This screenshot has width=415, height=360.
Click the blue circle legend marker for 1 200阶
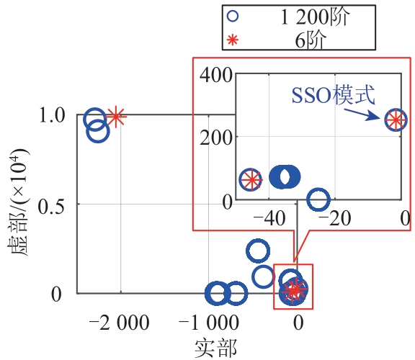click(x=233, y=16)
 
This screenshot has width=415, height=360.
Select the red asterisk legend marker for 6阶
click(x=233, y=40)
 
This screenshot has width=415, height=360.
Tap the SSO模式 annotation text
click(x=333, y=95)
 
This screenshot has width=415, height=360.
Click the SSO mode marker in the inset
click(x=396, y=120)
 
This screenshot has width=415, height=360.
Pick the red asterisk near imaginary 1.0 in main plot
click(x=116, y=117)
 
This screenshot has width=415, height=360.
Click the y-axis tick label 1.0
click(x=52, y=115)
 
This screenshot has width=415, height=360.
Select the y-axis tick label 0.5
click(x=51, y=207)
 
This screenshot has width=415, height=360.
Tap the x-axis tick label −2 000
click(x=119, y=323)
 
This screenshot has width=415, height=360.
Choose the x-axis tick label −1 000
click(x=208, y=323)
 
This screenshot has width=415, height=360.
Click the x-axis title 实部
click(x=215, y=348)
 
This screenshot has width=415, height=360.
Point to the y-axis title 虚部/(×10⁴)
click(x=18, y=203)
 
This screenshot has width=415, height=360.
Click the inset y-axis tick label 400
click(x=216, y=75)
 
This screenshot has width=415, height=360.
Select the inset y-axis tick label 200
click(x=216, y=138)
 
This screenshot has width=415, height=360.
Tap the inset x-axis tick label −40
click(x=269, y=219)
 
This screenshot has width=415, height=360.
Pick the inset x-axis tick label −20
click(x=335, y=219)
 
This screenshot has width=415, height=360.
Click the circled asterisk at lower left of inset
click(x=251, y=179)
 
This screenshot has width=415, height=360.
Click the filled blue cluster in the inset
click(x=285, y=176)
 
